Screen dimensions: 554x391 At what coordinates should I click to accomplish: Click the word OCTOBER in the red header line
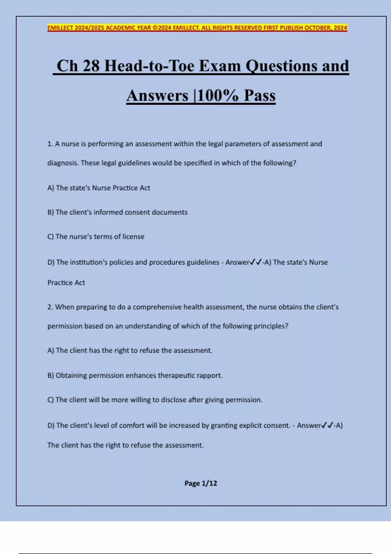pos(317,28)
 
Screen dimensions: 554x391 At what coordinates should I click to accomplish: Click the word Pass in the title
pos(260,95)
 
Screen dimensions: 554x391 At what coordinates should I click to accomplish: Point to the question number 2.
pos(50,307)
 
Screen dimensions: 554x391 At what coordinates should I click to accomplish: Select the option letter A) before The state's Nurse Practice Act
pos(51,188)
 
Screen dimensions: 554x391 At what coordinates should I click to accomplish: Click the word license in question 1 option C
pos(133,237)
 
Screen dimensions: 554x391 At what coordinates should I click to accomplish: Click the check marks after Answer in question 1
pos(256,262)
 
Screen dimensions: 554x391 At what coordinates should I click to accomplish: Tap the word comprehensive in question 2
pos(157,307)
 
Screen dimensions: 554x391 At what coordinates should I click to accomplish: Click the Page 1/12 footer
pos(201,483)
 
